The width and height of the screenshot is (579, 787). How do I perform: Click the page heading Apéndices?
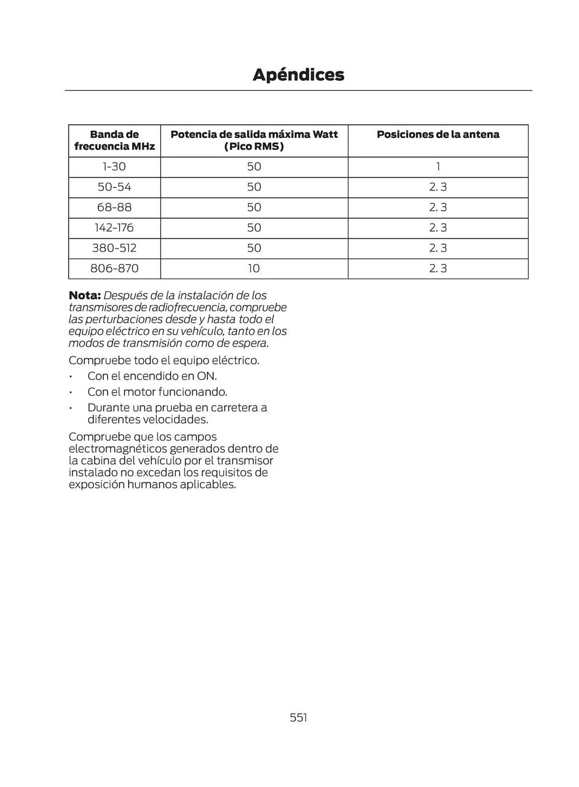[298, 75]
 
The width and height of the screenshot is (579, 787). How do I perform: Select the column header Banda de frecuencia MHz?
[114, 140]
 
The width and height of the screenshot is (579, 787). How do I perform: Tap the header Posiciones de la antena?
[438, 135]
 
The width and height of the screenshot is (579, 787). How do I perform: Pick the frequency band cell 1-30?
[114, 167]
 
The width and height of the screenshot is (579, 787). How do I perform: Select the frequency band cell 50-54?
[114, 187]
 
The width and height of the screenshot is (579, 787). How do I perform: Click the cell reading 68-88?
[114, 208]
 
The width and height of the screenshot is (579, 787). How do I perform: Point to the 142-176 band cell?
[114, 228]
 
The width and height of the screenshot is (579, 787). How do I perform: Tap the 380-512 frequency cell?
[114, 248]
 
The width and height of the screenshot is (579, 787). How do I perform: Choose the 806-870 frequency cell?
[114, 269]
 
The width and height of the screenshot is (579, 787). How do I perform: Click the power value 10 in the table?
[254, 269]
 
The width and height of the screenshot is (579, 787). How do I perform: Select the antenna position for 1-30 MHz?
[438, 167]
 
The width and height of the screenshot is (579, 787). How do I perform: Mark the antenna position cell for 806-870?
[438, 269]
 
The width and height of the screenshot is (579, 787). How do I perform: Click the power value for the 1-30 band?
[254, 167]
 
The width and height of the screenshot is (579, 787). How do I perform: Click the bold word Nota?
[85, 296]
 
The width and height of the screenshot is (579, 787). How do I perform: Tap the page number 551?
[298, 717]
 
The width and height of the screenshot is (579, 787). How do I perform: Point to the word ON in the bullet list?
[206, 376]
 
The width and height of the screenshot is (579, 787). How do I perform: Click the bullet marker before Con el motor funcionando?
[70, 392]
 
